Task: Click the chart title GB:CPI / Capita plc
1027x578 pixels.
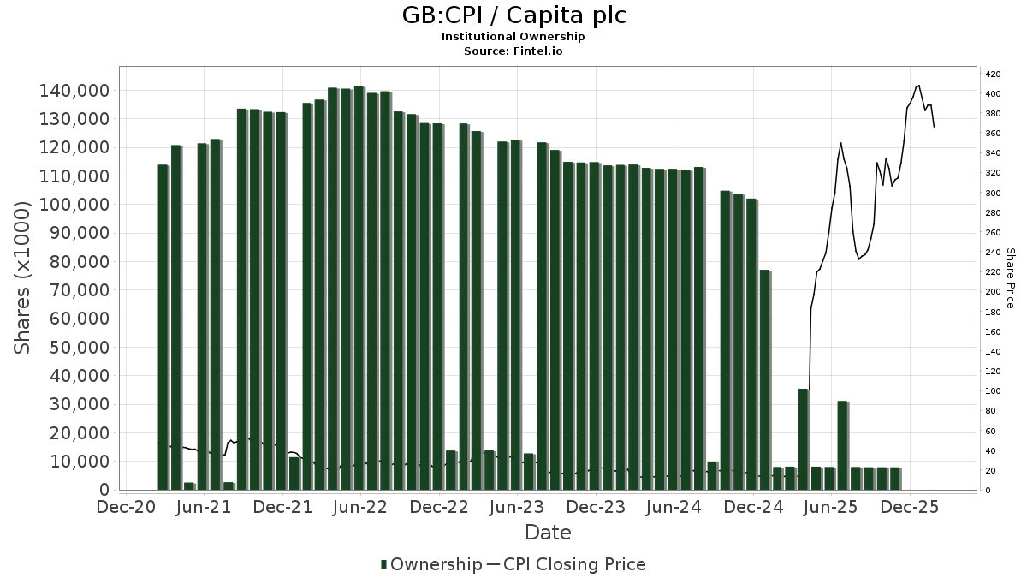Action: (x=513, y=15)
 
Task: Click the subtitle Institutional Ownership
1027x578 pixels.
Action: (x=513, y=37)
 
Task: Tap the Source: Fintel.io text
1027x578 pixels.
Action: (x=513, y=51)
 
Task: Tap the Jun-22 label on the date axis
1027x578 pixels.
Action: (x=360, y=507)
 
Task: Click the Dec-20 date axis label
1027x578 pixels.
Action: (x=125, y=507)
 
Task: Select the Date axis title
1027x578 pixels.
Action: (x=548, y=533)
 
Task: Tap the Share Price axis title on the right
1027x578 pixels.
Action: (x=1010, y=277)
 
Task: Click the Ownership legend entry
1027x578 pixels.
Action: (x=431, y=564)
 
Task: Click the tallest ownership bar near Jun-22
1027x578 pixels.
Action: (x=359, y=288)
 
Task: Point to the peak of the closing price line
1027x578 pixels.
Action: (x=918, y=86)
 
